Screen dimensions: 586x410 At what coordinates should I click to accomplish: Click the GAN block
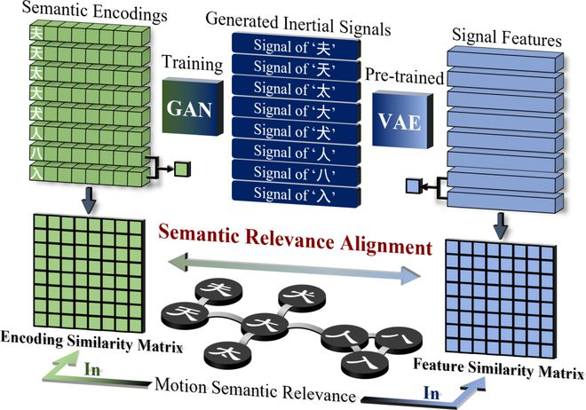point(193,106)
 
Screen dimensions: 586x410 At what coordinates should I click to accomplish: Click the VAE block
point(402,120)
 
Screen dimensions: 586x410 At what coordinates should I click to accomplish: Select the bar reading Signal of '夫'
point(296,46)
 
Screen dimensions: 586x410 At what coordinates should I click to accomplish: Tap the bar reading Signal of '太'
point(296,89)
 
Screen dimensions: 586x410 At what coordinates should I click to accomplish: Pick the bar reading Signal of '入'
point(296,193)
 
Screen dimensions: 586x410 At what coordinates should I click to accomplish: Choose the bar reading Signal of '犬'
point(296,130)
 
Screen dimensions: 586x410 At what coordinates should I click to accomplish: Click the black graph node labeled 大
point(265,325)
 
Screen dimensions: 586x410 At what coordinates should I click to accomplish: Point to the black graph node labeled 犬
point(302,296)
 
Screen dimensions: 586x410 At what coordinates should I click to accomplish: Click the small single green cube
point(183,170)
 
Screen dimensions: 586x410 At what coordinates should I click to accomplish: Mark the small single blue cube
point(414,185)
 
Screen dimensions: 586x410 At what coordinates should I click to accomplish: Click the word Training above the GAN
point(193,63)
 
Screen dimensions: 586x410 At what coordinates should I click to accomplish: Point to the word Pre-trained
point(404,75)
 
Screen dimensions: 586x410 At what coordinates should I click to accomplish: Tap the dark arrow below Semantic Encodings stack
point(89,201)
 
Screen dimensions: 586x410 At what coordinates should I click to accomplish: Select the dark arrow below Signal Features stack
point(500,226)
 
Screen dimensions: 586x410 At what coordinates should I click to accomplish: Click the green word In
point(92,369)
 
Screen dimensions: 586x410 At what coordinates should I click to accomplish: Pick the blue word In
point(432,393)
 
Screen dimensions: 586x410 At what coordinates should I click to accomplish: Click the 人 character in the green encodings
point(36,132)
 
